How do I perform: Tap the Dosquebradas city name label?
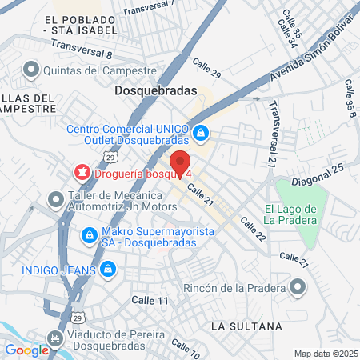155,91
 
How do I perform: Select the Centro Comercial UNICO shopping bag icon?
202,132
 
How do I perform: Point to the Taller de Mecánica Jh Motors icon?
55,198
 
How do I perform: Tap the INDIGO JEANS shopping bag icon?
106,269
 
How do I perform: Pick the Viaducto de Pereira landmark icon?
55,339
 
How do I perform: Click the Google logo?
27,350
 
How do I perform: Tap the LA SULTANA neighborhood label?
246,326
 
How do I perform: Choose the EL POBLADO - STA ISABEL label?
79,26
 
